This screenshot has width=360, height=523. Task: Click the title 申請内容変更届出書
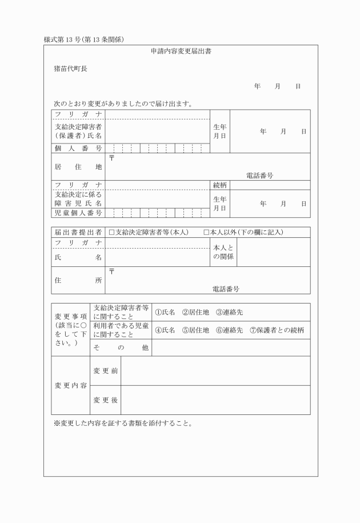(182, 51)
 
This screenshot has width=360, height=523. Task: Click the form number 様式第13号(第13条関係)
(84, 39)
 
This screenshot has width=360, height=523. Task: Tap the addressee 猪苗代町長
(70, 69)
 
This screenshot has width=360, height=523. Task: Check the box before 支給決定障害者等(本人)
(112, 233)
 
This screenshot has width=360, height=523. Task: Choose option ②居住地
(195, 312)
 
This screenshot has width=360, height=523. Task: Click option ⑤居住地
(195, 330)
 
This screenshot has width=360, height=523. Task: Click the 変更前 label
(106, 371)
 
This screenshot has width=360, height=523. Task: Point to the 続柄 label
(220, 185)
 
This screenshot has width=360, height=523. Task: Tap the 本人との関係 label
(223, 252)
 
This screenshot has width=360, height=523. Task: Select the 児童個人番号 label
(78, 213)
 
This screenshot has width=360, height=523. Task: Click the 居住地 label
(78, 167)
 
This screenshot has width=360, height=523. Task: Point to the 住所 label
(78, 281)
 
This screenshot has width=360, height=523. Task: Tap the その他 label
(121, 348)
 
